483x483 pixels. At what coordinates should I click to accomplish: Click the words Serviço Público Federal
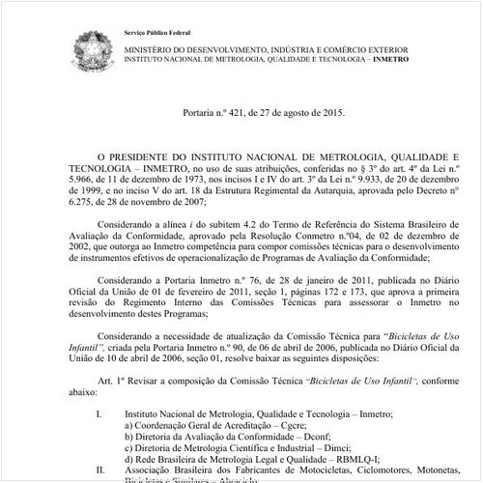(160, 34)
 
